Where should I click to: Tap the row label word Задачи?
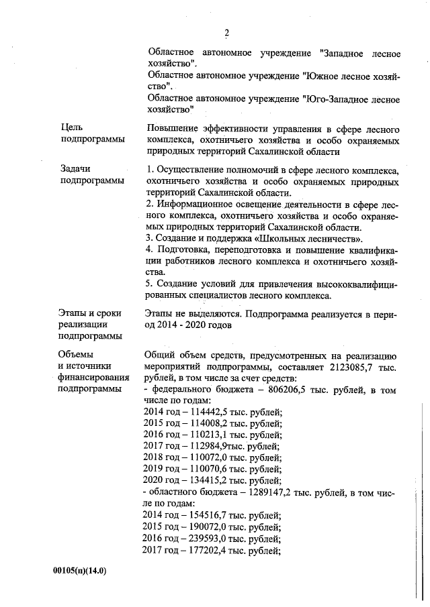coord(75,169)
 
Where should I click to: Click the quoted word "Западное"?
coord(347,52)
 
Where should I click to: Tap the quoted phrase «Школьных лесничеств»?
coord(311,239)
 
